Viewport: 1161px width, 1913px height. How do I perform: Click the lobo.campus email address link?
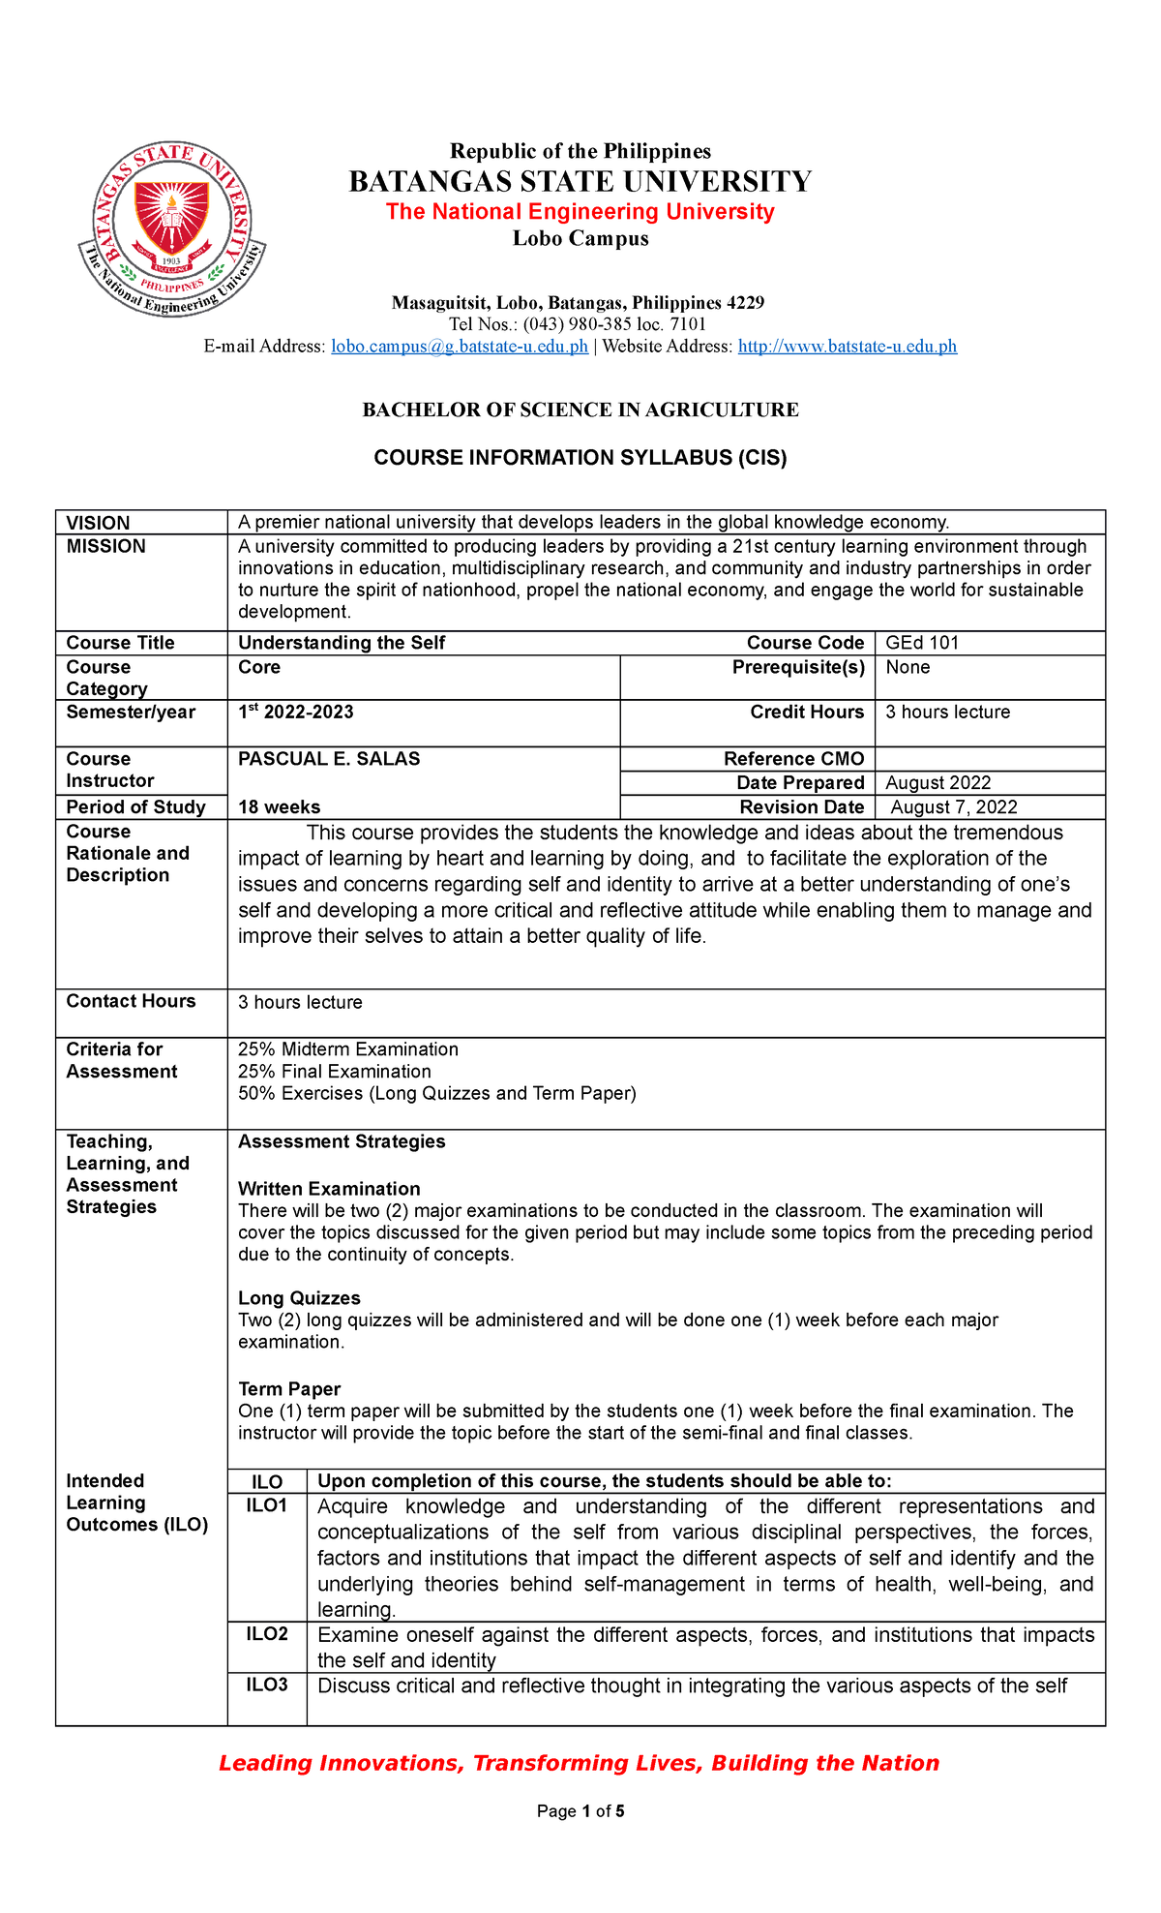click(x=460, y=347)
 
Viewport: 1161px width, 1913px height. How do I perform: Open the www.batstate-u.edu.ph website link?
click(x=847, y=347)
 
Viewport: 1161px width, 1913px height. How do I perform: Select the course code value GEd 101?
click(x=922, y=643)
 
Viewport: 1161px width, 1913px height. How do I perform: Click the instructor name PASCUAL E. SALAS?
click(x=329, y=759)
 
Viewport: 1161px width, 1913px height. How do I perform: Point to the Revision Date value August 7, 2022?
click(x=953, y=807)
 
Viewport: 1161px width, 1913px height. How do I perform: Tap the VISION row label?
click(x=98, y=523)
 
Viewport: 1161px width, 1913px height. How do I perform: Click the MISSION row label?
click(x=105, y=547)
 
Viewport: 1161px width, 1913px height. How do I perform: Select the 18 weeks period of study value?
click(x=280, y=807)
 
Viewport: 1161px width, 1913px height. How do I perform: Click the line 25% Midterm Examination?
click(x=348, y=1049)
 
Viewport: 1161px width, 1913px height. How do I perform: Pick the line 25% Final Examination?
click(x=335, y=1072)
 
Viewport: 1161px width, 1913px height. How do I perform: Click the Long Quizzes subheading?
click(x=299, y=1298)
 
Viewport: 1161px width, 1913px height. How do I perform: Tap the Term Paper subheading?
click(x=289, y=1389)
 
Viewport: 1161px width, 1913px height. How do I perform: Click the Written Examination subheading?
click(x=329, y=1189)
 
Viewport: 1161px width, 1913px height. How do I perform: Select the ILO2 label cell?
click(x=267, y=1634)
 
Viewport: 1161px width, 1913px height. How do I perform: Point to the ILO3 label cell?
click(x=267, y=1685)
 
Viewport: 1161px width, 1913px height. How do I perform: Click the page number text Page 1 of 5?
click(x=580, y=1811)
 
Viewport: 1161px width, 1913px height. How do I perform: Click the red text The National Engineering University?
click(x=580, y=212)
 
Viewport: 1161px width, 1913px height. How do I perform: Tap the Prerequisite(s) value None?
click(x=908, y=667)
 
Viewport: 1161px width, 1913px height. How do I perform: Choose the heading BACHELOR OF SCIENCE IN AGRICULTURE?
click(x=580, y=410)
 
